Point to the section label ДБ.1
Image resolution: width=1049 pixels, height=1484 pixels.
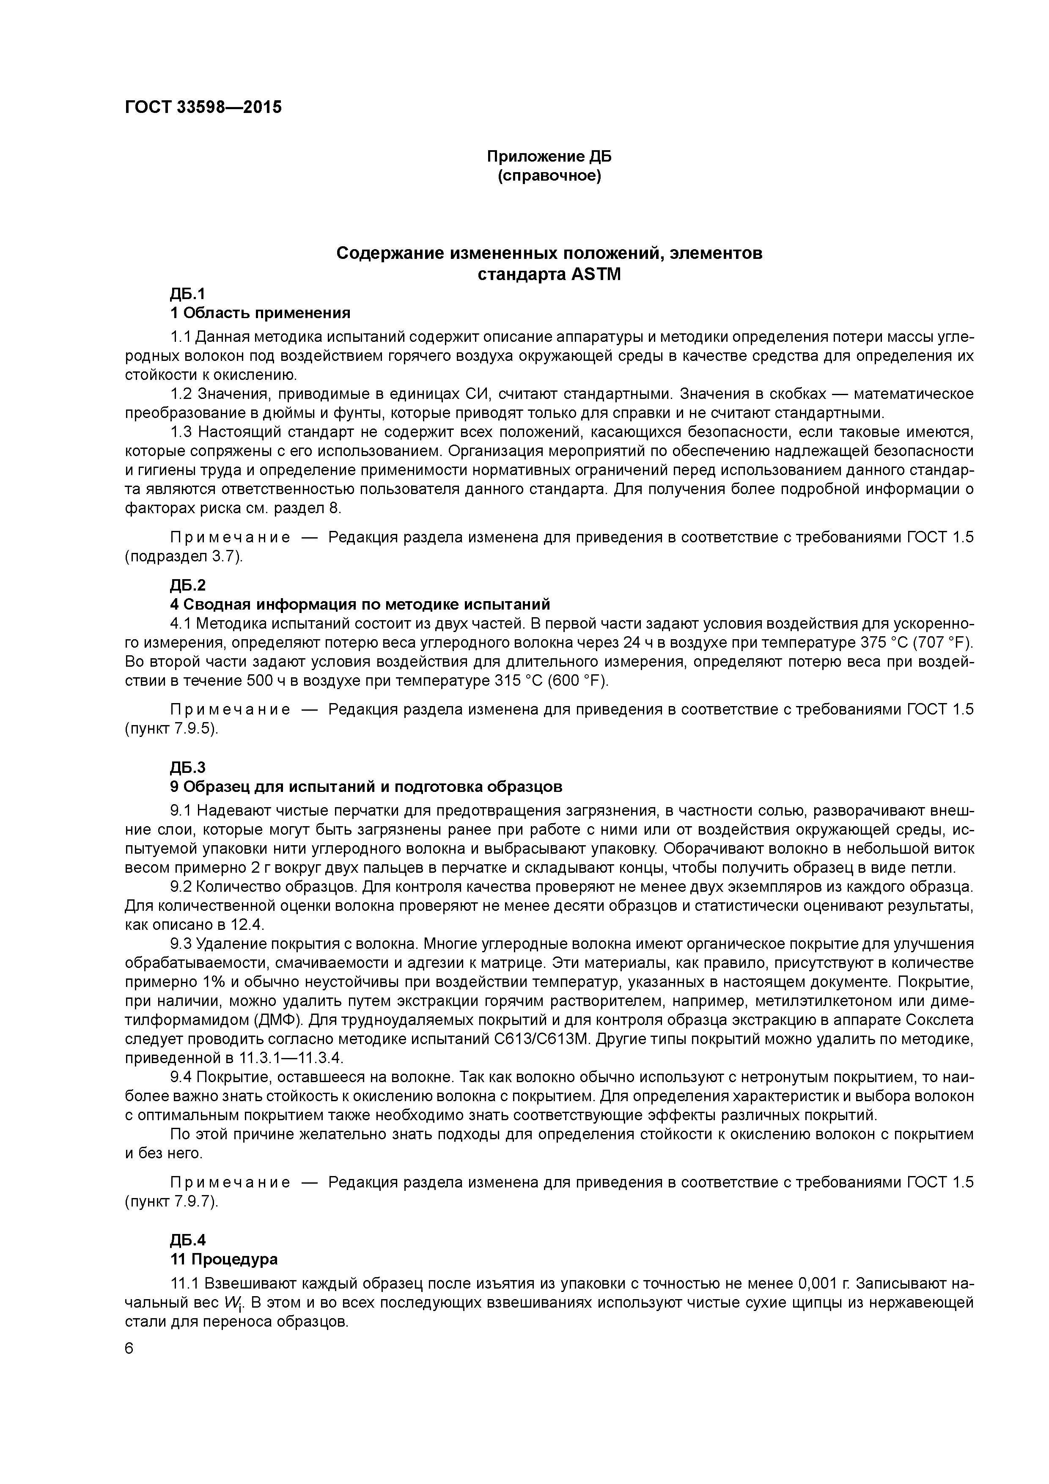coord(187,294)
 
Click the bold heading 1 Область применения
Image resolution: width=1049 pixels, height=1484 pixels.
coord(260,313)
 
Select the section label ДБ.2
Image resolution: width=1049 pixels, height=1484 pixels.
coord(187,585)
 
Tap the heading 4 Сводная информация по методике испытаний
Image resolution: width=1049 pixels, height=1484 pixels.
coord(360,605)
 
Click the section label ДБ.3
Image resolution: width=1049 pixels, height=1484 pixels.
coord(187,768)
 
